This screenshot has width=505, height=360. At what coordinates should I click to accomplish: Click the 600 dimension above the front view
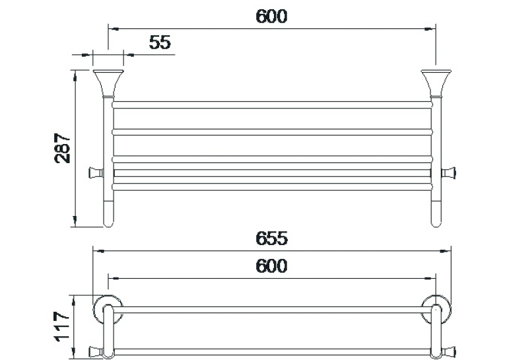tap(271, 17)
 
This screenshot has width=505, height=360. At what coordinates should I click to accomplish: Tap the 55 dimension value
tap(160, 42)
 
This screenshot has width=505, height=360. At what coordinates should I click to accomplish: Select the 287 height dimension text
tap(62, 148)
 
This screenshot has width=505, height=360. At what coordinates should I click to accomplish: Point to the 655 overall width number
tap(271, 238)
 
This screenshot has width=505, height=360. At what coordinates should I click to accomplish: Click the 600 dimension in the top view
tap(271, 266)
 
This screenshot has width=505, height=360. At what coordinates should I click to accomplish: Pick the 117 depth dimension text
tap(62, 326)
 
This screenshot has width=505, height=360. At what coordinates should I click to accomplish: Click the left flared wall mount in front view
tap(108, 83)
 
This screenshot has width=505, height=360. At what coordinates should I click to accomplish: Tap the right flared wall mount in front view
tap(436, 83)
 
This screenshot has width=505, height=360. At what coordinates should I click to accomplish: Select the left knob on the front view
tap(95, 173)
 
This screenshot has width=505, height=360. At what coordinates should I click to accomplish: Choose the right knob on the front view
tap(449, 173)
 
